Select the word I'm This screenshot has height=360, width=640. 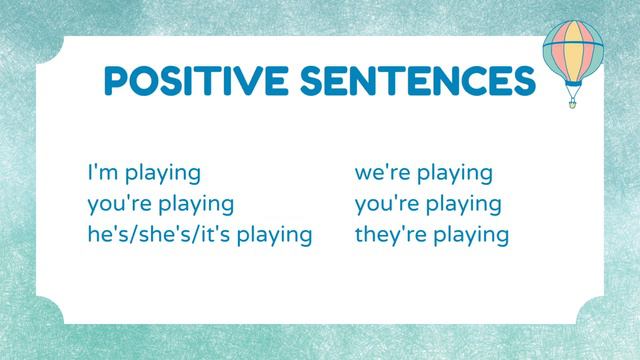(101, 173)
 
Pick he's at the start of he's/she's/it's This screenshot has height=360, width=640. (104, 236)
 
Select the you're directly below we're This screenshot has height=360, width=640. (387, 205)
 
